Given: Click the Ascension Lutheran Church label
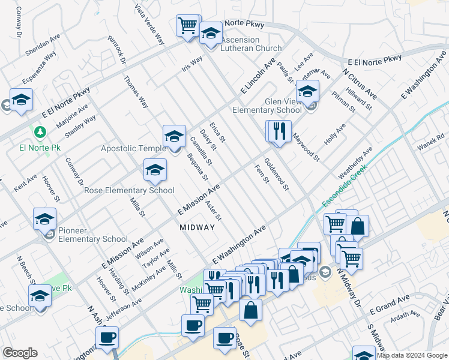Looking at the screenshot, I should [x=251, y=44].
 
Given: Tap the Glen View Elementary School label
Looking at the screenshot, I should [x=267, y=106].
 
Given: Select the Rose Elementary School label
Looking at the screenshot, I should [x=129, y=190].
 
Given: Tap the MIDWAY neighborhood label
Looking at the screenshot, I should [x=197, y=227].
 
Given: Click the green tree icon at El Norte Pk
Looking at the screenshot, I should [x=40, y=132].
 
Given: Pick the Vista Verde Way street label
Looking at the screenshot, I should [x=150, y=23].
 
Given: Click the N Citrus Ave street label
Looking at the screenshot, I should [x=361, y=85].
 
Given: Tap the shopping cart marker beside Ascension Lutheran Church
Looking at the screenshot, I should [x=188, y=26].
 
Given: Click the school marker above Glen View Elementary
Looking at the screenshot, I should [x=308, y=91].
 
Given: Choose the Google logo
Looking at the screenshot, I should [x=20, y=353].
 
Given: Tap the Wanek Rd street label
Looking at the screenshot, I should [x=431, y=146].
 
